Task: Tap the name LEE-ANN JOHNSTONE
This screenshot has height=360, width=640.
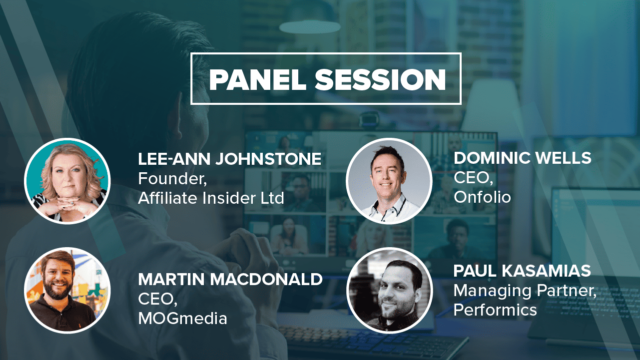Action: (230, 159)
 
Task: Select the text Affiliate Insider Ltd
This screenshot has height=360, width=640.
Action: (211, 198)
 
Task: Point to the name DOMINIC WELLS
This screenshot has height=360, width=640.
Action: (523, 158)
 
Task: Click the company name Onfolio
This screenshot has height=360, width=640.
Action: (482, 197)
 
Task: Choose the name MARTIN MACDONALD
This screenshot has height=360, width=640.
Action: (230, 279)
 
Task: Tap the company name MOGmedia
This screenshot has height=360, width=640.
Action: (182, 319)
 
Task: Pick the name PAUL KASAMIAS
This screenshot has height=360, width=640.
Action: (522, 271)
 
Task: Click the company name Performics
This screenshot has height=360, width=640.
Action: (495, 310)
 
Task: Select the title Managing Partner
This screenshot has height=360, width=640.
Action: (524, 291)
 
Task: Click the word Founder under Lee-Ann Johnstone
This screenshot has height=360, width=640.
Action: (171, 178)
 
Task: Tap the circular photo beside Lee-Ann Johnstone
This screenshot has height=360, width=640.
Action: (67, 181)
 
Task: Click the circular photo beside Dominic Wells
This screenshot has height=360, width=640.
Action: (389, 181)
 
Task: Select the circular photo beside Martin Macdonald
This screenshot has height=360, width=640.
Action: (67, 290)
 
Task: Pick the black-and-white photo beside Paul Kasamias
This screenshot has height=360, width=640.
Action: (389, 290)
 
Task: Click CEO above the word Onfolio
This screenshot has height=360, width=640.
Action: (472, 178)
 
